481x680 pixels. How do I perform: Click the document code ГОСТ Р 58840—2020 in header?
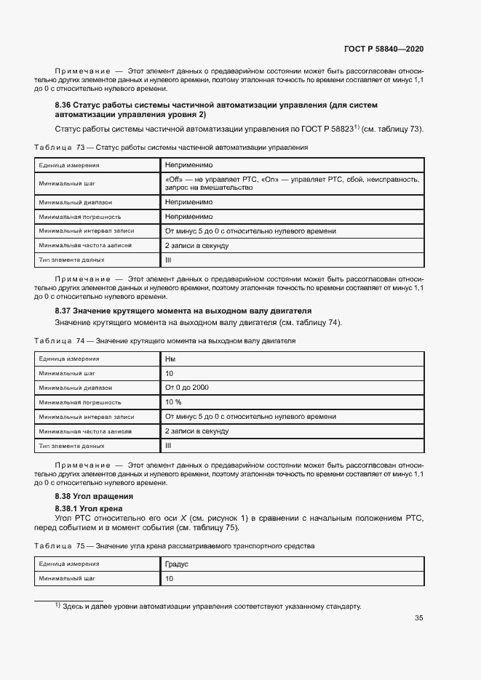pos(383,49)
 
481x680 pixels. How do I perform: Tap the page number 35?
pos(418,618)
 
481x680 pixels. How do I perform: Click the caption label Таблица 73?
pos(60,148)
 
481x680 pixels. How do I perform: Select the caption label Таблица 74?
pos(60,340)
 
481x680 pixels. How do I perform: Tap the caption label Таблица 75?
pos(60,545)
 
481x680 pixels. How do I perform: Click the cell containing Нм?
pos(170,359)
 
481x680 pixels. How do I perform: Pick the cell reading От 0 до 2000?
pos(187,388)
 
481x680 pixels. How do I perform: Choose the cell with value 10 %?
pos(174,401)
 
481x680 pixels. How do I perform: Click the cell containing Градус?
pos(177,564)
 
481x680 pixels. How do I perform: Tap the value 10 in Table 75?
pos(170,579)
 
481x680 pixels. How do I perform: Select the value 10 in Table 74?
pos(170,373)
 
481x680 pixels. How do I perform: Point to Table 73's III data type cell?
pos(168,260)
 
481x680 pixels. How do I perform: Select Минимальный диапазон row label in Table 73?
pos(76,202)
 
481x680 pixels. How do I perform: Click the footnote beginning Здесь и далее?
pos(211,606)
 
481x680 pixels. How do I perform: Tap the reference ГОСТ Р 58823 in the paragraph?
pos(325,129)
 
